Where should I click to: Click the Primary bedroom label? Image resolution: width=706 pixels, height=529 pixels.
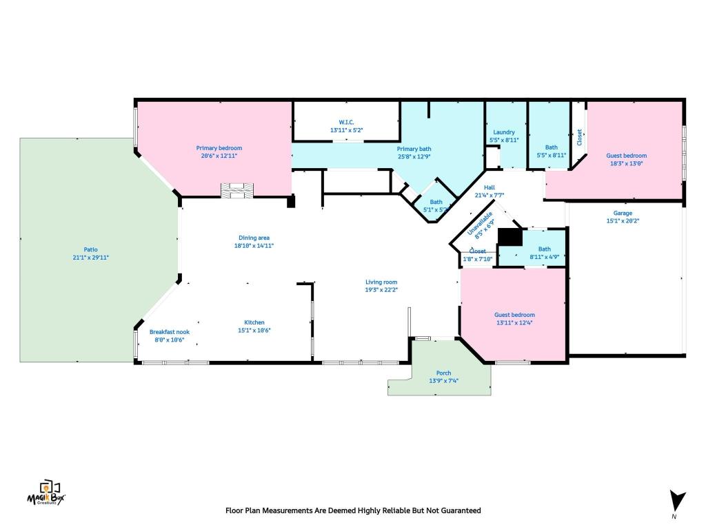pyautogui.click(x=219, y=148)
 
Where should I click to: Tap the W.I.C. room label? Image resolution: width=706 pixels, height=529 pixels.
pyautogui.click(x=346, y=122)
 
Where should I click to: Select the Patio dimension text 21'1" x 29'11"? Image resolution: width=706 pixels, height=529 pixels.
pyautogui.click(x=91, y=257)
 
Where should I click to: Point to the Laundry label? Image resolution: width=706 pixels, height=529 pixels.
pyautogui.click(x=503, y=132)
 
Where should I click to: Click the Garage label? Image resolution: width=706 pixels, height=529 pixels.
pyautogui.click(x=623, y=213)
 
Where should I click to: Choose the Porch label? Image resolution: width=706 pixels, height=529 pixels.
pyautogui.click(x=443, y=373)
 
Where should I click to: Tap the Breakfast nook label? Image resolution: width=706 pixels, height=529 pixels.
pyautogui.click(x=169, y=332)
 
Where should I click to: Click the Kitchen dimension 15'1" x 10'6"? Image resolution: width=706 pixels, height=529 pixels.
pyautogui.click(x=254, y=330)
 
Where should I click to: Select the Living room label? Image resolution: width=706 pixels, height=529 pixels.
pyautogui.click(x=381, y=282)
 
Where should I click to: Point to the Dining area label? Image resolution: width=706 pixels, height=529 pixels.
pyautogui.click(x=254, y=238)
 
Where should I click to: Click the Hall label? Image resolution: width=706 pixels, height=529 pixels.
pyautogui.click(x=489, y=187)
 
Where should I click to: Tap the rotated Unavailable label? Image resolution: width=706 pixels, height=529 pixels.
pyautogui.click(x=481, y=225)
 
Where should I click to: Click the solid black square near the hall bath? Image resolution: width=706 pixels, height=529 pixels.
pyautogui.click(x=510, y=236)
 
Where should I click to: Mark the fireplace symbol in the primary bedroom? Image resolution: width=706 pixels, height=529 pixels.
pyautogui.click(x=236, y=190)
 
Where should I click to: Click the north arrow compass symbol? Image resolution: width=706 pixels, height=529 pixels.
pyautogui.click(x=677, y=501)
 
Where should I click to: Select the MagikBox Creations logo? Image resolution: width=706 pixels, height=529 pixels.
pyautogui.click(x=46, y=493)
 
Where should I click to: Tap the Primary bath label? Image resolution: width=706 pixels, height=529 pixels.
pyautogui.click(x=414, y=149)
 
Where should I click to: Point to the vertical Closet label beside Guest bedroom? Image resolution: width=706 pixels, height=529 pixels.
pyautogui.click(x=579, y=138)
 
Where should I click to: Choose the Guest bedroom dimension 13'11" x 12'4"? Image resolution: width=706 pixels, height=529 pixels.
pyautogui.click(x=514, y=322)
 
